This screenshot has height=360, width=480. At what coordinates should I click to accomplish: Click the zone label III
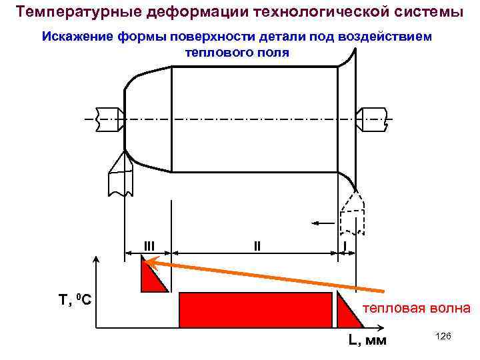click(x=149, y=245)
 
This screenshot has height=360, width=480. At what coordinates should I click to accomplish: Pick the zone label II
click(x=257, y=245)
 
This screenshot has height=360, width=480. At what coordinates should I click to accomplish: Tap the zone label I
click(x=345, y=245)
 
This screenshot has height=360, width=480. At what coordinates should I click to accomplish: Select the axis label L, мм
click(x=367, y=341)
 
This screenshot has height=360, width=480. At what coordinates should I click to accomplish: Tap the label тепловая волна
click(x=416, y=309)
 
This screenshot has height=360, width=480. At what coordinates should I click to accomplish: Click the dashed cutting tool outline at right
click(x=351, y=211)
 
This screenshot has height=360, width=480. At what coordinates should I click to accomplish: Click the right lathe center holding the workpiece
click(x=373, y=120)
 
